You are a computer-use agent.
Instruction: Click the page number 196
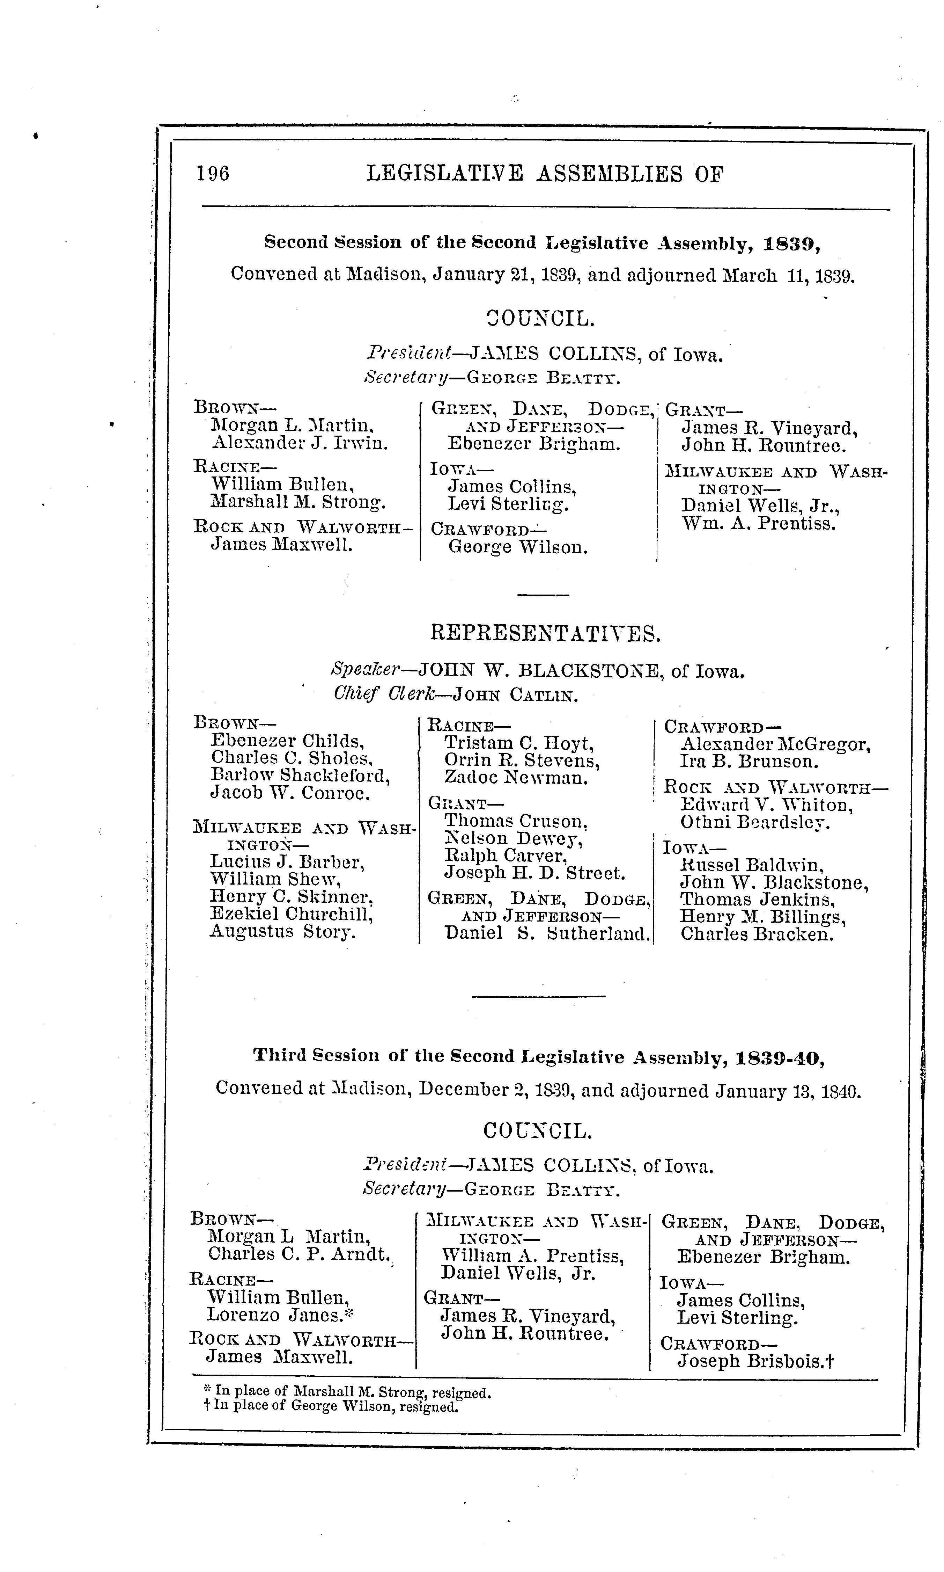213,173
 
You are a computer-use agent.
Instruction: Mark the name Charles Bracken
756,934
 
